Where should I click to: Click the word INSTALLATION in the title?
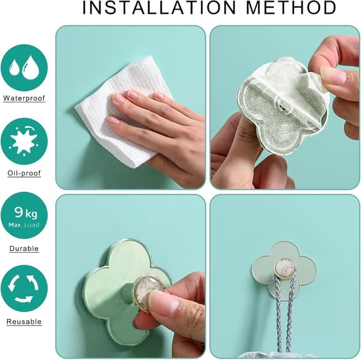(159, 7)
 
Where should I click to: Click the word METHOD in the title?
(291, 7)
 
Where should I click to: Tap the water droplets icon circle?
(24, 67)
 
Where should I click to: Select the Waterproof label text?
(24, 98)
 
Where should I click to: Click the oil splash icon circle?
(24, 141)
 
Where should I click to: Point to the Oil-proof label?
(24, 173)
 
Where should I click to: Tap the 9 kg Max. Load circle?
(24, 216)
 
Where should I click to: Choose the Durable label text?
(24, 249)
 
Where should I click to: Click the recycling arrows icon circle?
(24, 288)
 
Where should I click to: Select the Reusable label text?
(24, 321)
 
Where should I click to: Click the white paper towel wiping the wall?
(120, 108)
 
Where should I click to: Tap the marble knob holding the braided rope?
(285, 268)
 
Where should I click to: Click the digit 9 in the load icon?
(18, 212)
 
